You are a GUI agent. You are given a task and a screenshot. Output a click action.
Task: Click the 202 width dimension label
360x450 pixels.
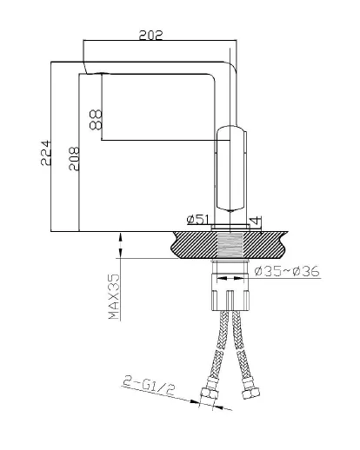click(x=150, y=35)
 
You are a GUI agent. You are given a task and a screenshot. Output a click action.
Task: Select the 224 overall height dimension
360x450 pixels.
click(x=46, y=153)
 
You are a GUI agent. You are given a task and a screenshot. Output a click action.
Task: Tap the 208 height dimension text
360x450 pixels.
click(x=74, y=159)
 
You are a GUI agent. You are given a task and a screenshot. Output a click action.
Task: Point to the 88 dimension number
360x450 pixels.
click(x=96, y=119)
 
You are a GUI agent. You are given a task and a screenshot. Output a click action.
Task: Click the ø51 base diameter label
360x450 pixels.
click(x=198, y=220)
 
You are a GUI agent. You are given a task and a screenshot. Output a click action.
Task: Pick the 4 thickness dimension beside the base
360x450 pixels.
click(x=256, y=220)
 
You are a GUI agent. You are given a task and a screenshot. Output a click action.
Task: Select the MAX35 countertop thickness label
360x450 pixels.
click(x=114, y=296)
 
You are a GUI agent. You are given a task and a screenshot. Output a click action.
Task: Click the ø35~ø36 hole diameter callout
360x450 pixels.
click(x=287, y=271)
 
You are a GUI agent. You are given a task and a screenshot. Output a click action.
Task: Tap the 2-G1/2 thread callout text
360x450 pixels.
click(x=150, y=386)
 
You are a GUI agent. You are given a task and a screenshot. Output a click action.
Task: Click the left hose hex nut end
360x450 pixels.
click(x=210, y=395)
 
